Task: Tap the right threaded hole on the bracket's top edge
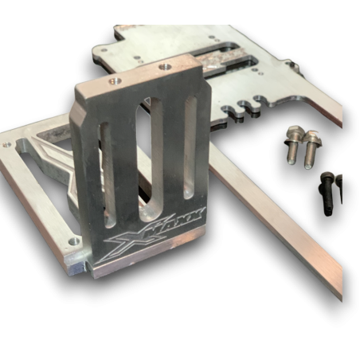click(169, 66)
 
